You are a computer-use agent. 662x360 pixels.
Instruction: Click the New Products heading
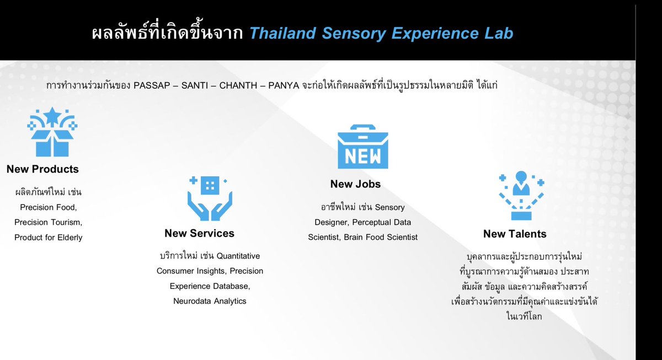[x=42, y=169]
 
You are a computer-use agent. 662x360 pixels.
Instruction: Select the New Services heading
[x=199, y=233]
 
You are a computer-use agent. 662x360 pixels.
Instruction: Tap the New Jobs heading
[x=355, y=184]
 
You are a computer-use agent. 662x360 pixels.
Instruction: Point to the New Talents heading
[x=514, y=234]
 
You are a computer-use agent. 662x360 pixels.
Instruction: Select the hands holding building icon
[x=210, y=198]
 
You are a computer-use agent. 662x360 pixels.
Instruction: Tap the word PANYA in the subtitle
[x=284, y=87]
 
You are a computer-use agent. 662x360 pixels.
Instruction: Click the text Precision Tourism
[x=49, y=222]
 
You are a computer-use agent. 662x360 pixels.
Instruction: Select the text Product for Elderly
[x=49, y=237]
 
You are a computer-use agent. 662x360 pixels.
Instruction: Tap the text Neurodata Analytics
[x=210, y=301]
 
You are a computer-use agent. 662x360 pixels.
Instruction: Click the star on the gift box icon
[x=52, y=115]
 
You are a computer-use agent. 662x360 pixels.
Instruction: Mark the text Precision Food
[x=49, y=207]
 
